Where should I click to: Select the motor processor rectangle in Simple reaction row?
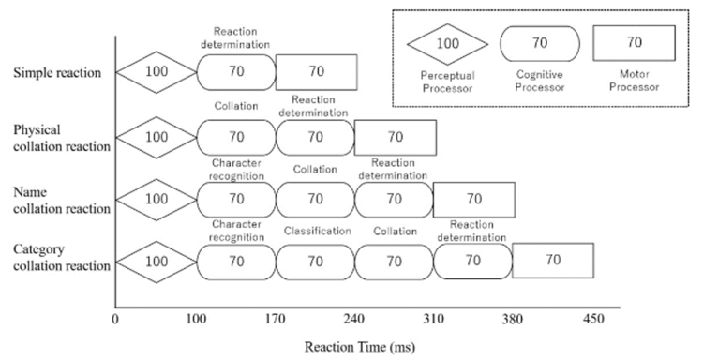pyautogui.click(x=316, y=70)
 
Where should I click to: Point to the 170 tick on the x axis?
pyautogui.click(x=276, y=320)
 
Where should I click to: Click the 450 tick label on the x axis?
pyautogui.click(x=594, y=320)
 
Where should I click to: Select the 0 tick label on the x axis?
pyautogui.click(x=114, y=320)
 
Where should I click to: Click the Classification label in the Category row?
pyautogui.click(x=317, y=231)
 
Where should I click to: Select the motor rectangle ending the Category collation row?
pyautogui.click(x=553, y=260)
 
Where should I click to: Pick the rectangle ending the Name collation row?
pyautogui.click(x=474, y=199)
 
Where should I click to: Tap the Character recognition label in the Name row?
pyautogui.click(x=236, y=168)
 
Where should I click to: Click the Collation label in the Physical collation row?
pyautogui.click(x=236, y=107)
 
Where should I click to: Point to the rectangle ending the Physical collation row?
pyautogui.click(x=395, y=136)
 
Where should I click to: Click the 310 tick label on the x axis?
pyautogui.click(x=435, y=320)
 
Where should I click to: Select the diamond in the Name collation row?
pyautogui.click(x=156, y=199)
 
